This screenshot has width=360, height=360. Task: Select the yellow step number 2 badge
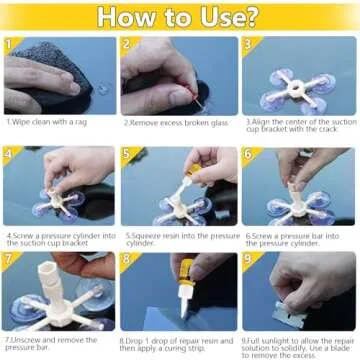point(127,45)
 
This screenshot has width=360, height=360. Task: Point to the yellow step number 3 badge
point(247,45)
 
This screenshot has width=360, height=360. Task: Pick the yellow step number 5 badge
point(127,154)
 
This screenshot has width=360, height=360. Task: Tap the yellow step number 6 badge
point(247,154)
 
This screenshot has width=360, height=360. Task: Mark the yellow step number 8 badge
point(127,260)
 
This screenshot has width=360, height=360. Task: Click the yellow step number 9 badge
point(247,260)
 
